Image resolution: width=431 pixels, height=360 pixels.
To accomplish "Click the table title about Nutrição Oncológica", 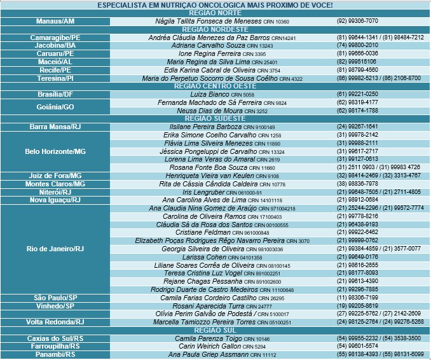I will point(215,5).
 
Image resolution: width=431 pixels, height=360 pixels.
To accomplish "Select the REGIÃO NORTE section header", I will point(215,13).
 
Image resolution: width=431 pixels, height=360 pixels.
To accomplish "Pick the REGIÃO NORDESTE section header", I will point(215,29).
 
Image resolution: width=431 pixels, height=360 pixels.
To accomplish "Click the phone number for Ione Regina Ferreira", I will point(357,54).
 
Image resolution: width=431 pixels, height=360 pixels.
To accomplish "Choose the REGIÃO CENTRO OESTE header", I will point(215,86).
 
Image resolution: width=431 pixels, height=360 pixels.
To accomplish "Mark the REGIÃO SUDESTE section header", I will point(215,118).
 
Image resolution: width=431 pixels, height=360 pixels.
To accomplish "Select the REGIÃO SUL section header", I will point(215,330).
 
